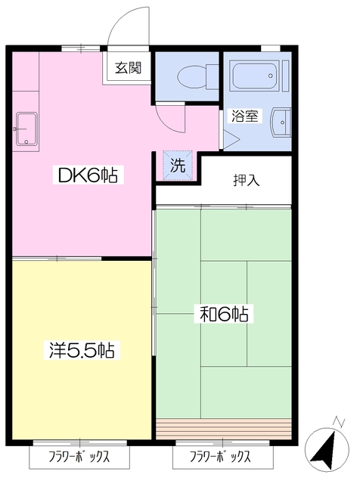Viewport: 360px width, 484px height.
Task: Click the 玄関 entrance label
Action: tap(129, 68)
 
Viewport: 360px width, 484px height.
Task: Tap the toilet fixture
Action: tap(188, 76)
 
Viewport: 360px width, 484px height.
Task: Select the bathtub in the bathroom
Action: tap(256, 77)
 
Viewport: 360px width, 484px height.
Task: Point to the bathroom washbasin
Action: tap(282, 121)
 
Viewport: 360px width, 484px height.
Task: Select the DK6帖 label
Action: tap(87, 176)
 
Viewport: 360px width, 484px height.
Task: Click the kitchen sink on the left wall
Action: tap(26, 129)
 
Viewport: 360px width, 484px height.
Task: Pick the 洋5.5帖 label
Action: tap(82, 350)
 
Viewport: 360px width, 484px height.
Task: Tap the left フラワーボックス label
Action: tap(79, 458)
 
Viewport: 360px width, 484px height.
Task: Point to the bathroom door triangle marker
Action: tap(229, 139)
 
